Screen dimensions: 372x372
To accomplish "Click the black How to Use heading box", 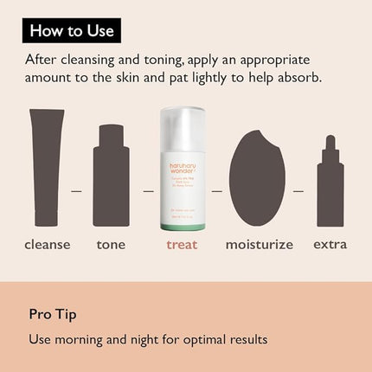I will pos(72,31).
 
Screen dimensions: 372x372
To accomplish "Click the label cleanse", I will pos(48,245).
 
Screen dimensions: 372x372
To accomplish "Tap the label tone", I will pos(112,245).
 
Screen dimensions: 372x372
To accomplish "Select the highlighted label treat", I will pos(182,245).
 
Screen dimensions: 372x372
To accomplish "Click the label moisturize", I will pos(259,245).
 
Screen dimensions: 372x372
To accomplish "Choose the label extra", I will pos(330,245).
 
